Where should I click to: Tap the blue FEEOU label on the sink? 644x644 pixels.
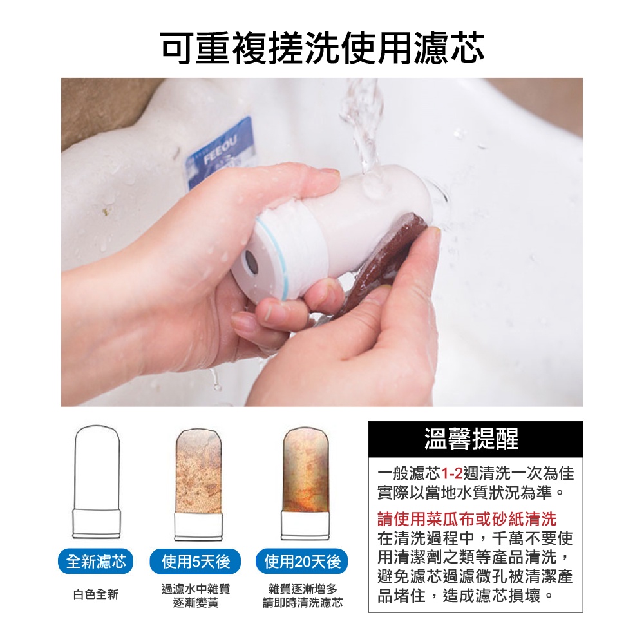tap(219, 151)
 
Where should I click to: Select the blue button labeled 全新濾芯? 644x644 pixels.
tap(96, 562)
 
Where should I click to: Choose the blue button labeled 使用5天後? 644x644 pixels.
tap(195, 562)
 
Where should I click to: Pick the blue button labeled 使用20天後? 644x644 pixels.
tap(302, 562)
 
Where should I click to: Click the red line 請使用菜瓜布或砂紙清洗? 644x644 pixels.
tap(466, 519)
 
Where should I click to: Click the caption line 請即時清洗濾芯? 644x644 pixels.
tap(302, 603)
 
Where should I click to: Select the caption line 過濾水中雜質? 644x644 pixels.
tap(195, 589)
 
